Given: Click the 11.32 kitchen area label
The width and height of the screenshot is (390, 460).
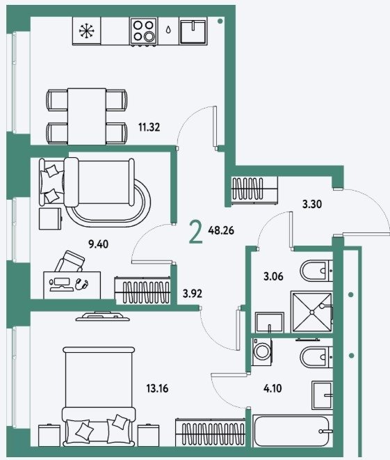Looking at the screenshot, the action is coord(149,127).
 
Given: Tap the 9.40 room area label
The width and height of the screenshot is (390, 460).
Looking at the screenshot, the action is coord(99,244).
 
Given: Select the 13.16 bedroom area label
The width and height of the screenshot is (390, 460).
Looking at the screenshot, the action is coord(157,389).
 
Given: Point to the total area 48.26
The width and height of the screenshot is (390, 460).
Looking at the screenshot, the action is coord(221,230).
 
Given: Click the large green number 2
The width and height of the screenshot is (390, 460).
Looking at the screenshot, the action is coord(196,232).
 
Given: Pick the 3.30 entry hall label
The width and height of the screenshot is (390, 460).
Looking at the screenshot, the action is coord(312,204).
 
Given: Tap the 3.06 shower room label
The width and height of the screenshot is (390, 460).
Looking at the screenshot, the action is coord(273,276).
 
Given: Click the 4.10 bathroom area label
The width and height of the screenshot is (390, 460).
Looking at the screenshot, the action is coord(273,388).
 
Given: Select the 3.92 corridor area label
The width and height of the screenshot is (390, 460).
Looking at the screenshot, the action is coord(193,294).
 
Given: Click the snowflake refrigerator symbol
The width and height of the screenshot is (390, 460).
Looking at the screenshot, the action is coord(86,31).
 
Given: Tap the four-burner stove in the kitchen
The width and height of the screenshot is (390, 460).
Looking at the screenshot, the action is coord(144,31).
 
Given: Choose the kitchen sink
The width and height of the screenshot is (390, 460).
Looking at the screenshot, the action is coord(193,31).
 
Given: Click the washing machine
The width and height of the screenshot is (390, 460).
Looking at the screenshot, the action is coord(261,351).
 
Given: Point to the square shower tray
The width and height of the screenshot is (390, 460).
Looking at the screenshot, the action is coord(311,312).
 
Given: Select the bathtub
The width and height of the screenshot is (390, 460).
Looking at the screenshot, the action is coord(291,431).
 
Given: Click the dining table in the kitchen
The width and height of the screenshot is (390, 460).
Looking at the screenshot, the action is coord(87,116).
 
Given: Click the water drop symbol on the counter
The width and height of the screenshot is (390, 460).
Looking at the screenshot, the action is coord(168,30).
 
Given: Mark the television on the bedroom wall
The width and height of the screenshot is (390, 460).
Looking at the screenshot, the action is coord(103,317).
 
